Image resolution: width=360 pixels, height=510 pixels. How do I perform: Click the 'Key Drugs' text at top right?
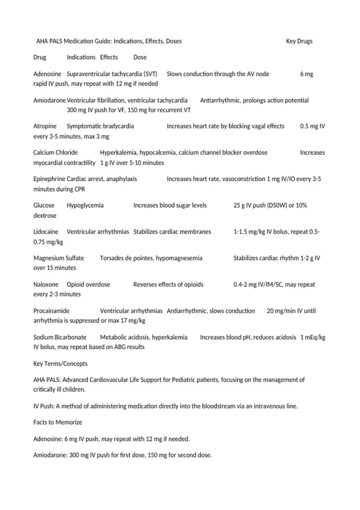[x=299, y=41]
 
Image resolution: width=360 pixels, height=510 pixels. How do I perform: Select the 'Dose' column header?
[x=140, y=57]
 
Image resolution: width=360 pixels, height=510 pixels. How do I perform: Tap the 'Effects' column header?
[x=109, y=57]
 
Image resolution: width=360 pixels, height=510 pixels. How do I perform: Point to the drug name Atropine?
[x=45, y=126]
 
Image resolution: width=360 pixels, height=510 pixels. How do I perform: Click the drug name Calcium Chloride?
[x=55, y=152]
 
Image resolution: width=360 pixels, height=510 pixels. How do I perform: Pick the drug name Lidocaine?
[x=46, y=232]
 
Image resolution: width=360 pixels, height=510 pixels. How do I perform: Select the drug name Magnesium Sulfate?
[x=58, y=258]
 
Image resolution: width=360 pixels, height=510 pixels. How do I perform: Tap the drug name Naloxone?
[x=46, y=284]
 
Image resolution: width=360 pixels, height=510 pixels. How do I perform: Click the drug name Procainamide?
[x=51, y=311]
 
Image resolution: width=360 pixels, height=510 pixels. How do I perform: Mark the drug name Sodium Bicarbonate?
[x=60, y=337]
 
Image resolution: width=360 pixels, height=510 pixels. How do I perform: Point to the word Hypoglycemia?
[x=85, y=205]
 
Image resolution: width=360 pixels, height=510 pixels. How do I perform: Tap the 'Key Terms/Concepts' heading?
[x=60, y=364]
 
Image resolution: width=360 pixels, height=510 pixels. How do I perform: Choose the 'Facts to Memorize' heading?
[x=58, y=422]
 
